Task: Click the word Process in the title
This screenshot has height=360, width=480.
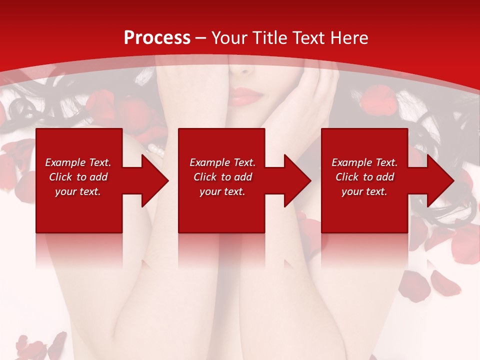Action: [157, 38]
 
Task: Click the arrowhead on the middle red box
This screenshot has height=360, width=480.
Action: [296, 180]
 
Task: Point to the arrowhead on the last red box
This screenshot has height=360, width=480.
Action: [439, 180]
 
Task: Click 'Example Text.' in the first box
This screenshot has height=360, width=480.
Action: [78, 162]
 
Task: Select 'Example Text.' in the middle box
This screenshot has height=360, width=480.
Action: [222, 162]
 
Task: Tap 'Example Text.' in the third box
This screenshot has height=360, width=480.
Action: [364, 162]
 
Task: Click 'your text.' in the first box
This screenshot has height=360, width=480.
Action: [78, 191]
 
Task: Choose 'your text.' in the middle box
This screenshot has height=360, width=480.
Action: [222, 191]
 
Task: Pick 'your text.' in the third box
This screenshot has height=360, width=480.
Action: [364, 191]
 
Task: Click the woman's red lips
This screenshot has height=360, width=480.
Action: [245, 96]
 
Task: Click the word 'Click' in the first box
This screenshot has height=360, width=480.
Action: [60, 177]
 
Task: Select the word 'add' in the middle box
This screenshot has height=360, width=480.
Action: [243, 177]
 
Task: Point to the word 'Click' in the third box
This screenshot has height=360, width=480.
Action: [347, 177]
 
